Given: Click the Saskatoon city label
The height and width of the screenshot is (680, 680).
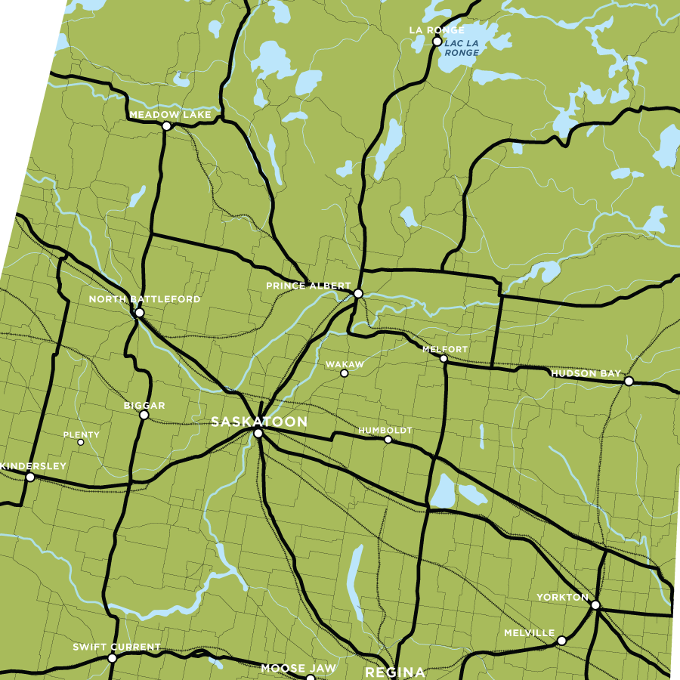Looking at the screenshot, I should click(x=259, y=422).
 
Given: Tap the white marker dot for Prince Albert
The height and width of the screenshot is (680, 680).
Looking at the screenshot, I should click(x=358, y=293).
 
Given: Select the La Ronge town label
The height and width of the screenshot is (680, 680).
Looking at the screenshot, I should click(x=425, y=30).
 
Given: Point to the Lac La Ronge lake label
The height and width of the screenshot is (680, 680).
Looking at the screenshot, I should click(x=462, y=48).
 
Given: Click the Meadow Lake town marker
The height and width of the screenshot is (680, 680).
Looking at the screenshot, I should click(x=167, y=126).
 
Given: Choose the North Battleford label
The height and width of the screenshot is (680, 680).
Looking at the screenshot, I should click(x=144, y=299).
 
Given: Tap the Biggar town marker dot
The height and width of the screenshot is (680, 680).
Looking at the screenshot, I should click(x=144, y=415).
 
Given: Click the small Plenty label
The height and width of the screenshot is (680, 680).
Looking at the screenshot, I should click(x=82, y=434).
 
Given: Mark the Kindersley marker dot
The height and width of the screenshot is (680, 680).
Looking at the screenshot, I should click(x=30, y=477).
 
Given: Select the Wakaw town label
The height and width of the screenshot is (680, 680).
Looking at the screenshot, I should click(x=345, y=364).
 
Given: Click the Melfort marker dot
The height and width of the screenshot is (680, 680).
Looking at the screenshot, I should click(x=444, y=359).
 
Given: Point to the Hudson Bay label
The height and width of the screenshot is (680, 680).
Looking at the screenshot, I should click(x=586, y=373).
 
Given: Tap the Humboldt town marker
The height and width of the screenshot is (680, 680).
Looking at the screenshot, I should click(x=388, y=440).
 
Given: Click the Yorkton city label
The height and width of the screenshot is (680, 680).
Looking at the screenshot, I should click(x=562, y=597).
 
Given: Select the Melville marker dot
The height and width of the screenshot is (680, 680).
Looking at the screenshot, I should click(x=561, y=641).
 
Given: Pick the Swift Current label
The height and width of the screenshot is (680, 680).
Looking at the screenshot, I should click(x=116, y=647).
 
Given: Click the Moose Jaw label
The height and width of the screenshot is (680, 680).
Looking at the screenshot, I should click(x=298, y=669).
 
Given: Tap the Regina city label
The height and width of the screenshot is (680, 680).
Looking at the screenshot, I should click(x=395, y=672).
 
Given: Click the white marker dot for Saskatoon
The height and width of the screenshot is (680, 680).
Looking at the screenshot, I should click(x=258, y=434).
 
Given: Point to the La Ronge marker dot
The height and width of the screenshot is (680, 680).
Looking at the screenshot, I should click(x=437, y=42).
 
